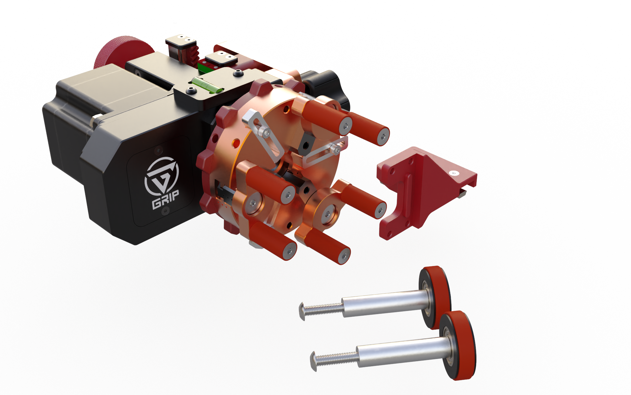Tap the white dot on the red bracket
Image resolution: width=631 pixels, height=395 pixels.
(x=454, y=173)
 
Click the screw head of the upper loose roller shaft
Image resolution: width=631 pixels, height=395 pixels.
(x=302, y=311)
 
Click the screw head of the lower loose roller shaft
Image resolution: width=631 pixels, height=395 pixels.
(x=313, y=361)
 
